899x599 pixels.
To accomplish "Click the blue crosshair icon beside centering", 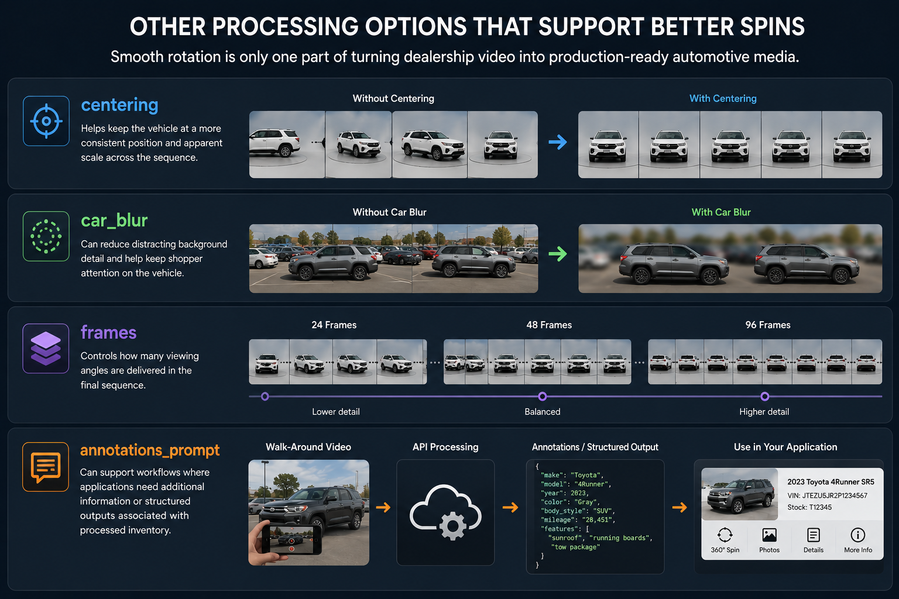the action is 46,121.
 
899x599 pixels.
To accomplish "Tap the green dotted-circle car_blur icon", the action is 46,236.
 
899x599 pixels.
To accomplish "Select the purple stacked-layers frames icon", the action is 46,348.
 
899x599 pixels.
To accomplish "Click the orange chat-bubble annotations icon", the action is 46,467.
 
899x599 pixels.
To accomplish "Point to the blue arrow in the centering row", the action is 558,142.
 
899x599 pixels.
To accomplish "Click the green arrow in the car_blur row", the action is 558,254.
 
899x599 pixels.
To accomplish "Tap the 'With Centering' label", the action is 723,98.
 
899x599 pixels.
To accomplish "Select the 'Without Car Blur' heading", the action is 389,212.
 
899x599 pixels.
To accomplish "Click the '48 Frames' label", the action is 549,325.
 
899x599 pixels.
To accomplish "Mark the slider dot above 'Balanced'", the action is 542,397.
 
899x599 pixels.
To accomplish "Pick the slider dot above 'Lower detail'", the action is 265,397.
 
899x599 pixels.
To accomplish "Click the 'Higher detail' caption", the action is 764,412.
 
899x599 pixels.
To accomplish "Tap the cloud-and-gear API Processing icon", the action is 445,512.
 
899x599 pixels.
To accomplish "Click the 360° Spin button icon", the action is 725,535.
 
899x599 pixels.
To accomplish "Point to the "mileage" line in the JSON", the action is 578,520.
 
